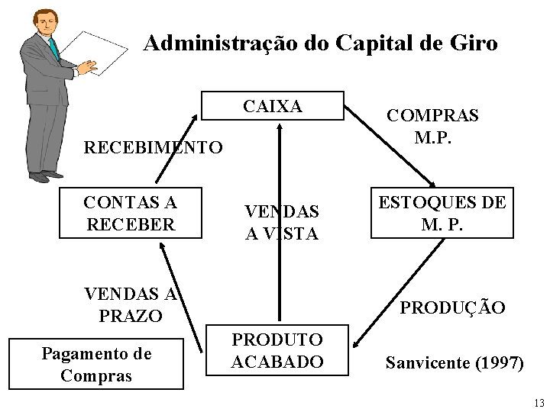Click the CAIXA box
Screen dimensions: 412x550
pos(273,107)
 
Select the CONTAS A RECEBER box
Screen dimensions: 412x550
pos(130,214)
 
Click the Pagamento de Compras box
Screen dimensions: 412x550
pos(96,364)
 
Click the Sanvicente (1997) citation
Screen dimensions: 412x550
pos(455,363)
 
